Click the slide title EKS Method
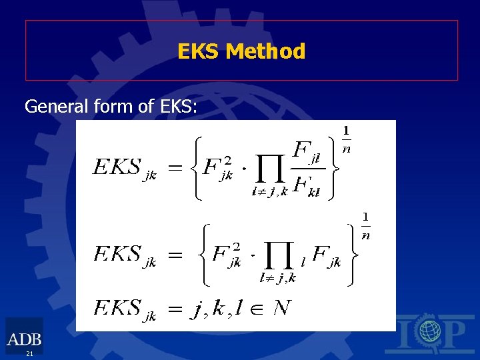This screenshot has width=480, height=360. point(241,51)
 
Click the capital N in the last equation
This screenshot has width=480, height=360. point(282,308)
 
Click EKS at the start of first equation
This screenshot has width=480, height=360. point(116,167)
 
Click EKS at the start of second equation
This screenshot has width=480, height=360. point(117,253)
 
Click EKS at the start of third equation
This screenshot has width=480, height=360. point(117,308)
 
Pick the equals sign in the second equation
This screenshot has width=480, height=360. point(174,255)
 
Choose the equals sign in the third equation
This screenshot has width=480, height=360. point(174,309)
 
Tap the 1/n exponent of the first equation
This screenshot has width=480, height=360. point(347,139)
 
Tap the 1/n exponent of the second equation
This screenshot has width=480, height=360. point(365,225)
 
